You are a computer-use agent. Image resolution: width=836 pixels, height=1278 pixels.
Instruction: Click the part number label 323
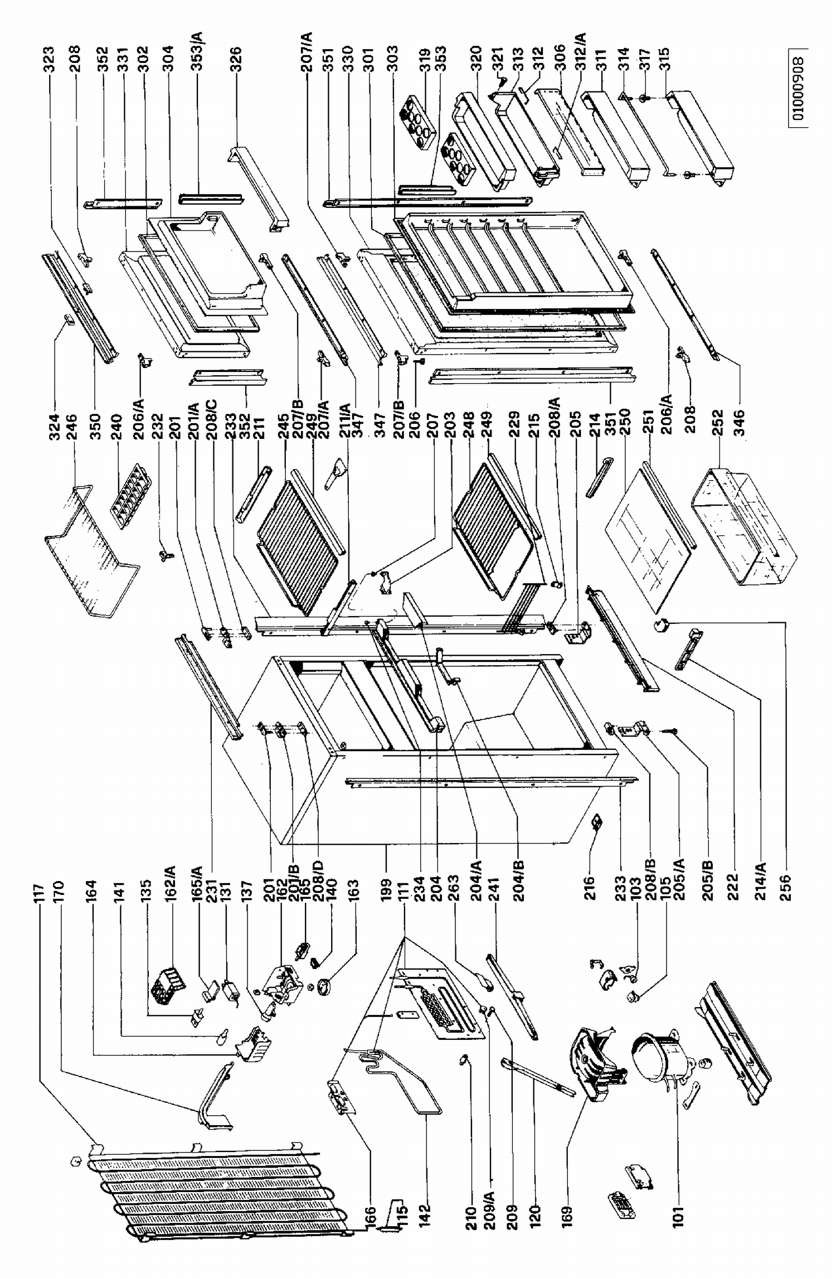tap(49, 56)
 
